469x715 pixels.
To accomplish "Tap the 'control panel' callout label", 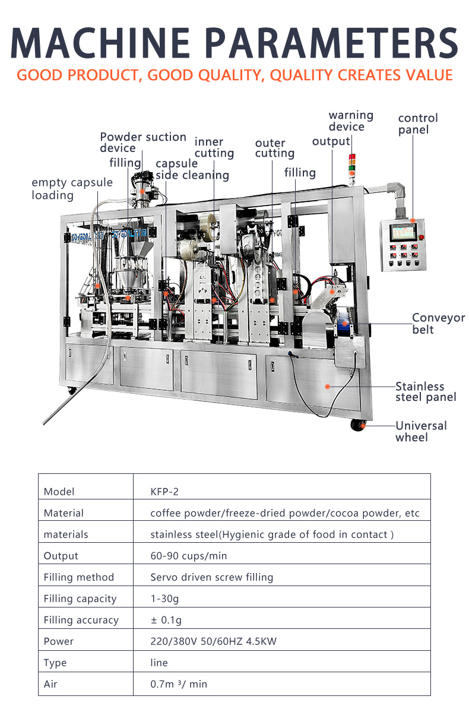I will (418, 124).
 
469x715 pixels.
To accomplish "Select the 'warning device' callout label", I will (351, 121).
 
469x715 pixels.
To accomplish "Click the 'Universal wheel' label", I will (421, 431).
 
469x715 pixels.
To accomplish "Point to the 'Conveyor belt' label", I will (439, 324).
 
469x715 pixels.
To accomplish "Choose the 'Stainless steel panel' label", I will (426, 392).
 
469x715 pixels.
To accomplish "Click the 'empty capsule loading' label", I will (72, 188).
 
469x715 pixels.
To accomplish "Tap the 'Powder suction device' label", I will (142, 143).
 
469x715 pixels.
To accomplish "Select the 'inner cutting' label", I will (214, 147).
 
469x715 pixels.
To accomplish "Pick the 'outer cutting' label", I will (274, 148).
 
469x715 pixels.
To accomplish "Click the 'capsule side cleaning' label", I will (192, 169).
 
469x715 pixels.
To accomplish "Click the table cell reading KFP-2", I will (164, 492).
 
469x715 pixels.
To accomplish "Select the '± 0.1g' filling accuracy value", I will (166, 620).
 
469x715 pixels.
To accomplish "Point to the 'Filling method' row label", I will (78, 577).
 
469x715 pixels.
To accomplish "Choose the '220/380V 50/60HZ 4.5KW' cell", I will (213, 641).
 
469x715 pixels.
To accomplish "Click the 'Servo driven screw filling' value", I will (211, 577).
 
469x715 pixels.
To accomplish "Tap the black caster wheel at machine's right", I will (357, 425).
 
